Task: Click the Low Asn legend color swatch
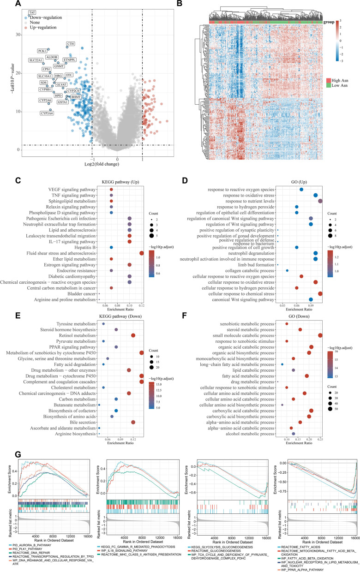336,86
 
